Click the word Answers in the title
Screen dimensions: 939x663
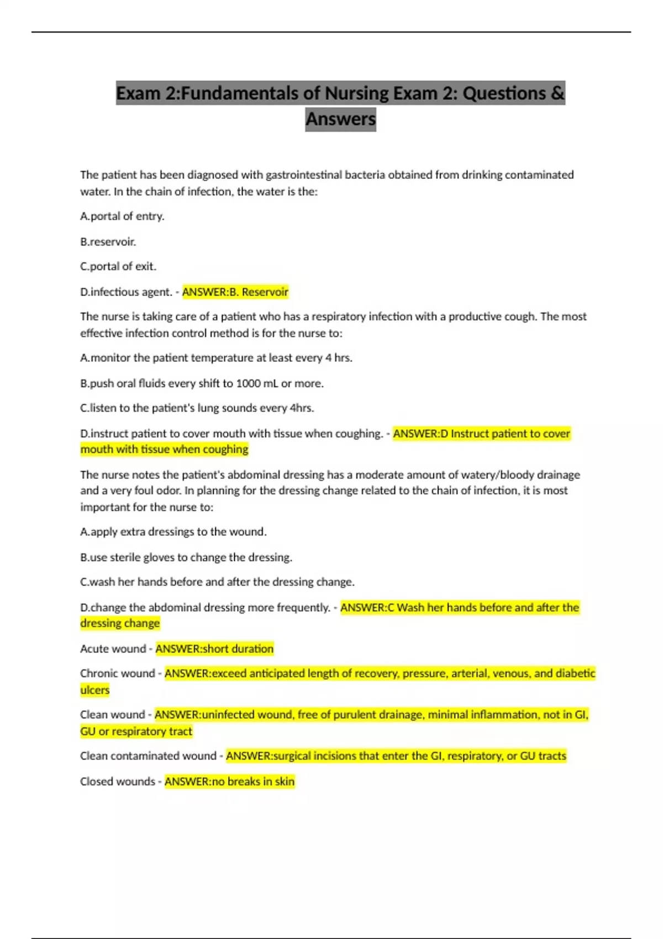pyautogui.click(x=340, y=119)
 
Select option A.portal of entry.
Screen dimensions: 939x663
pyautogui.click(x=122, y=216)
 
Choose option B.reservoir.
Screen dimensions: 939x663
pyautogui.click(x=108, y=241)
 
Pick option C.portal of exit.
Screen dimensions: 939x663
pyautogui.click(x=118, y=266)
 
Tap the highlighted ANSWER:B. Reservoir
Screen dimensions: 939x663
pyautogui.click(x=235, y=292)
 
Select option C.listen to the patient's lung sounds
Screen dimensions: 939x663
pyautogui.click(x=197, y=408)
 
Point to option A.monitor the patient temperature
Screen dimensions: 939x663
pyautogui.click(x=216, y=358)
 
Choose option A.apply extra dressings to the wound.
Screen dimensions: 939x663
pyautogui.click(x=173, y=532)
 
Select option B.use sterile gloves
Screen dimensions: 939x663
pyautogui.click(x=186, y=557)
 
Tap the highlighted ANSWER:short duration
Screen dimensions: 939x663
pyautogui.click(x=214, y=648)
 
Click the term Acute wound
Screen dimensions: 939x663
pyautogui.click(x=113, y=648)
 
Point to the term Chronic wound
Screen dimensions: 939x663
pyautogui.click(x=117, y=673)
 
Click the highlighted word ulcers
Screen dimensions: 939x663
pyautogui.click(x=95, y=690)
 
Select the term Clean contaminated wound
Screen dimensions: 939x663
pyautogui.click(x=148, y=756)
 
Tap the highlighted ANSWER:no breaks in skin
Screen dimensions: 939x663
pyautogui.click(x=229, y=782)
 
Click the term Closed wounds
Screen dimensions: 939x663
pyautogui.click(x=117, y=782)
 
